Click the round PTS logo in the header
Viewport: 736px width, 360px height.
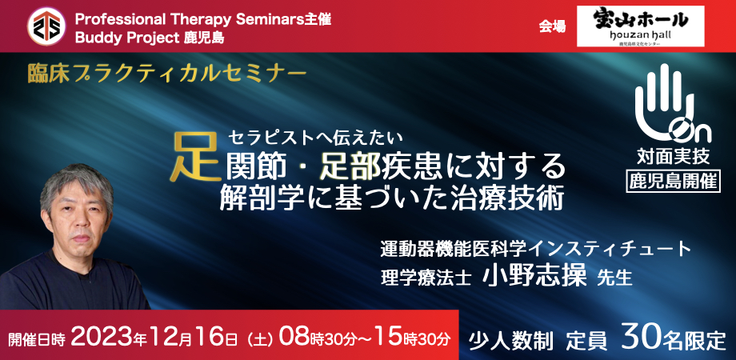[46, 26]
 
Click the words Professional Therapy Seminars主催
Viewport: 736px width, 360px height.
[202, 19]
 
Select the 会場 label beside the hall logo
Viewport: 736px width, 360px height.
[552, 27]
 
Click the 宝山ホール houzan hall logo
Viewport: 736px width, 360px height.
[640, 26]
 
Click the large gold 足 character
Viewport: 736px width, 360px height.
[195, 158]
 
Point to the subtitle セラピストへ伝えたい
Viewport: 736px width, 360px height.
[315, 138]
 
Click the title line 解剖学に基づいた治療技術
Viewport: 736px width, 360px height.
[391, 199]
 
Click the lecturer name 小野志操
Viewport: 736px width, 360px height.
[534, 276]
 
